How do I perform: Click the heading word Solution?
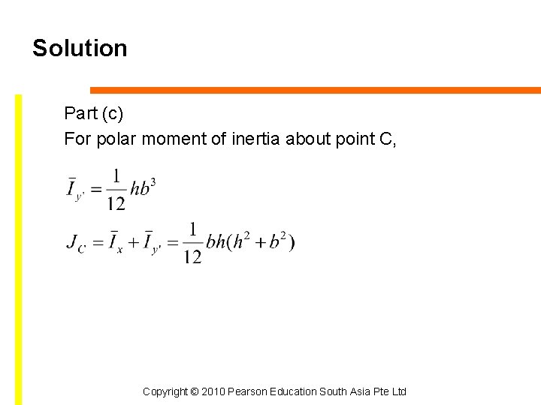(x=80, y=48)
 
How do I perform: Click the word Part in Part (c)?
(x=78, y=113)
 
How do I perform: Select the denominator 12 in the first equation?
(x=116, y=202)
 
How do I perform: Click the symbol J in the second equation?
(x=72, y=241)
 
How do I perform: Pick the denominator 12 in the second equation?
(x=192, y=256)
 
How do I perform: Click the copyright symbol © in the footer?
(x=193, y=391)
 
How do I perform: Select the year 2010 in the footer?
(x=213, y=391)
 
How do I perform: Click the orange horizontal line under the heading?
(x=316, y=90)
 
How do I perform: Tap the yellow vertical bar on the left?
(x=19, y=247)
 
